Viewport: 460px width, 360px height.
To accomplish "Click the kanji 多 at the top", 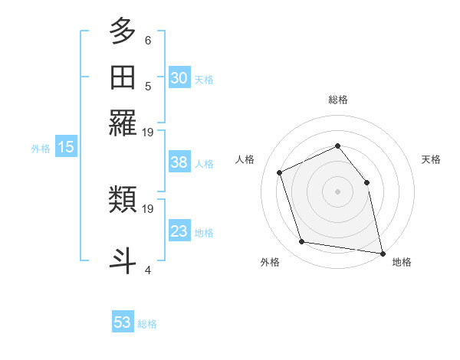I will [x=123, y=33].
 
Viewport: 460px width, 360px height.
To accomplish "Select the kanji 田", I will [x=123, y=77].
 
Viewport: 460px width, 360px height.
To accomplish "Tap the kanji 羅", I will [x=123, y=122].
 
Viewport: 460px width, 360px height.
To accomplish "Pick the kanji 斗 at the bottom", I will [x=123, y=260].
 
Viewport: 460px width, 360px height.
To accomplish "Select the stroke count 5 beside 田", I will [x=148, y=87].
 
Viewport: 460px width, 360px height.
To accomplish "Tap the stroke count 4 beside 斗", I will [x=148, y=270].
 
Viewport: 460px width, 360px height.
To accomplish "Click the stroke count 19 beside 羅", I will [x=148, y=133].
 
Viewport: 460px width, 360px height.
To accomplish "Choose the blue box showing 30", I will [x=179, y=77].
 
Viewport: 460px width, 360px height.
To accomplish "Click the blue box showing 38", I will [x=179, y=162].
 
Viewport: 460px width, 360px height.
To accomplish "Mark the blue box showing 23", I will [x=179, y=231].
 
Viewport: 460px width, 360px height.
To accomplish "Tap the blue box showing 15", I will [x=66, y=148].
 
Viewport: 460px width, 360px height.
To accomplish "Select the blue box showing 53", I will [x=123, y=322].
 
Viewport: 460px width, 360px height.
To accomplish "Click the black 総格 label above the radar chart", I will [x=337, y=100].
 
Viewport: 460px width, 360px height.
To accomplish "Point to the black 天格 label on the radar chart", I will [x=431, y=159].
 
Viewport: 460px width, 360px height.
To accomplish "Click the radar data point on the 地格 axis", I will [x=382, y=252].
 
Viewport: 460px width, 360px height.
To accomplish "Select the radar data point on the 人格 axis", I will [x=280, y=172].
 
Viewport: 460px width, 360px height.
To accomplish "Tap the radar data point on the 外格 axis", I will [x=302, y=242].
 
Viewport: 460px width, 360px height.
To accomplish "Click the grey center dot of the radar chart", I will [x=337, y=191].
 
